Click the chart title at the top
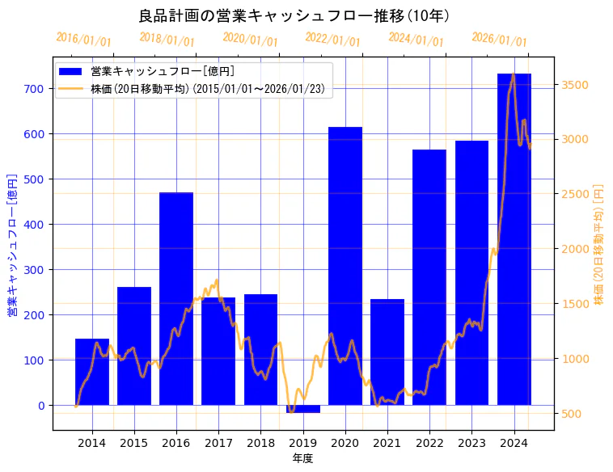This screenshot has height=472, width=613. coord(294,15)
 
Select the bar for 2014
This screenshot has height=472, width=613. coord(92,372)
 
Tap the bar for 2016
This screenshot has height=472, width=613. coord(176,298)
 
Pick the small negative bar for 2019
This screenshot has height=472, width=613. coord(303,409)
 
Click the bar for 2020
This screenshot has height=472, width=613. coord(345,266)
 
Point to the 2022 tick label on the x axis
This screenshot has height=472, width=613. coord(429,443)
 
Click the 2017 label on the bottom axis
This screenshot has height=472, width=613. coord(218,443)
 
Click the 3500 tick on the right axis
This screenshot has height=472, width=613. coord(574,85)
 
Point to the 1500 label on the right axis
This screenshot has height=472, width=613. coord(574,304)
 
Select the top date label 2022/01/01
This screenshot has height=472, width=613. coord(332,39)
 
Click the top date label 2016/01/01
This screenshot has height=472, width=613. coord(83,39)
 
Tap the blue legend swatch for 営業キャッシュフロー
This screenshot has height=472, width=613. coord(70,71)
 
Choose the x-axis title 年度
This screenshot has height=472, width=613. coord(303,458)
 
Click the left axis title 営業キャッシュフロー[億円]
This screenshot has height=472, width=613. coord(13,243)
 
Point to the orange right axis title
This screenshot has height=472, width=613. coord(599,243)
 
